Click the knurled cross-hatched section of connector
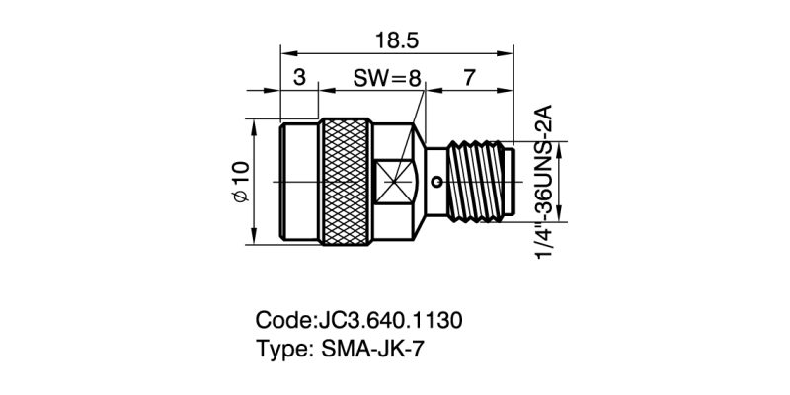pyautogui.click(x=347, y=183)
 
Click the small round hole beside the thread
pyautogui.click(x=438, y=182)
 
